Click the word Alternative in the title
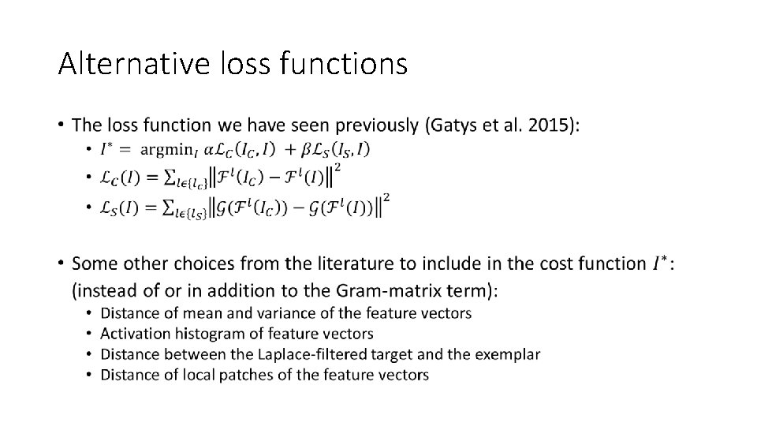122,62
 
